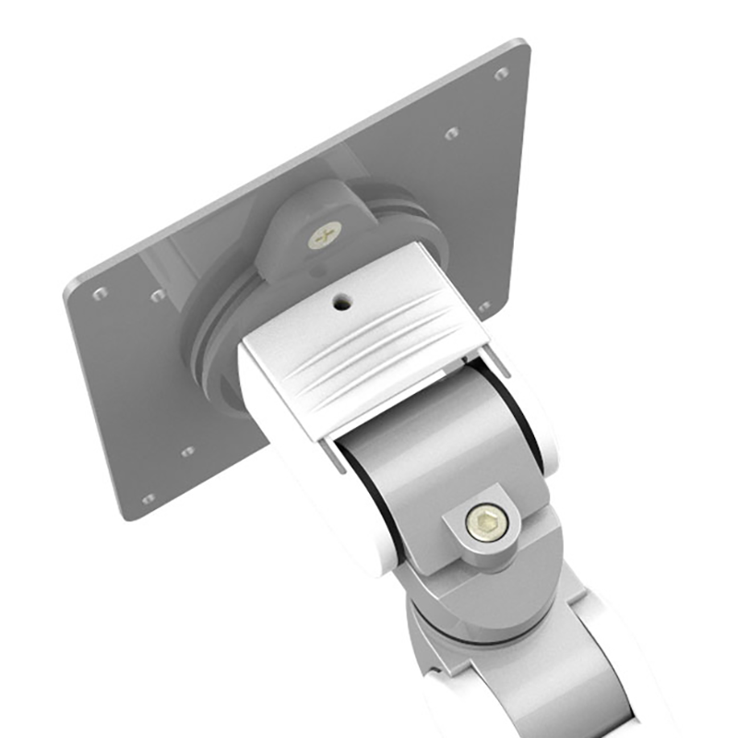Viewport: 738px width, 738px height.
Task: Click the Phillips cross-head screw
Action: tap(325, 238)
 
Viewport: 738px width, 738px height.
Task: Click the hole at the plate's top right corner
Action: tap(501, 74)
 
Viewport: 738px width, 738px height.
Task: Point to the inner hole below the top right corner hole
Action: tap(451, 134)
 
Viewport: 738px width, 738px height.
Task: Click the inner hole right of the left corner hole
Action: tap(158, 295)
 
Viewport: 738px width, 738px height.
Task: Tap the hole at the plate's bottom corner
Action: tap(148, 499)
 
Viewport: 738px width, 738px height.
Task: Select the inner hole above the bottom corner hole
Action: tap(187, 452)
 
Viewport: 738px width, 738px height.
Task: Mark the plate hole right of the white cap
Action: tap(484, 306)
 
